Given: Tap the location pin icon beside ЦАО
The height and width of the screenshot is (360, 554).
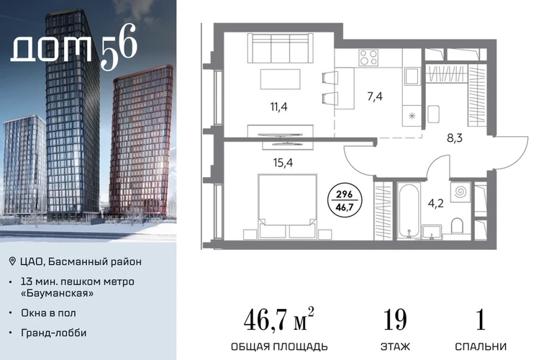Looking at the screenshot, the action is pyautogui.click(x=12, y=261).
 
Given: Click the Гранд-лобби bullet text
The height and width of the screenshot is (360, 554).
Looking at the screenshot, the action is pyautogui.click(x=54, y=333).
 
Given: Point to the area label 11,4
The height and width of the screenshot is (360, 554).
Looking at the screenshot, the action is pyautogui.click(x=278, y=107).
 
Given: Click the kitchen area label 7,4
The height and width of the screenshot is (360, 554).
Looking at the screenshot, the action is pyautogui.click(x=375, y=96).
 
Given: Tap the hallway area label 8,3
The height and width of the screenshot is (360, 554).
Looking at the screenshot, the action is pyautogui.click(x=455, y=138).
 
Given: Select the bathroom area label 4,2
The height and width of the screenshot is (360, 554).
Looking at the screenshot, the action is pyautogui.click(x=435, y=204).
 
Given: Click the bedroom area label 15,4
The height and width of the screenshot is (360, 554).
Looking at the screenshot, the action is pyautogui.click(x=283, y=163).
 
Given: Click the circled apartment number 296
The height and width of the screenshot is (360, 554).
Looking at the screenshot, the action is pyautogui.click(x=344, y=194).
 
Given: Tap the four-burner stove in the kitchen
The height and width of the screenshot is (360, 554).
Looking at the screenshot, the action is pyautogui.click(x=368, y=58).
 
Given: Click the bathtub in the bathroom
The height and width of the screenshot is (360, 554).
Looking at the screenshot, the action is pyautogui.click(x=408, y=211).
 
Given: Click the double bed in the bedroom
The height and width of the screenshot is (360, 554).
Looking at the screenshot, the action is pyautogui.click(x=286, y=206).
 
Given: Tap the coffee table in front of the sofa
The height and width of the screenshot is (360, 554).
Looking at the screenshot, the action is pyautogui.click(x=280, y=79).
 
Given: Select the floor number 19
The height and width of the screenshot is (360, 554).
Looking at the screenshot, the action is pyautogui.click(x=395, y=320).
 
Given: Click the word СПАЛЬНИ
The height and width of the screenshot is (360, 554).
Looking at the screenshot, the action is pyautogui.click(x=481, y=346).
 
